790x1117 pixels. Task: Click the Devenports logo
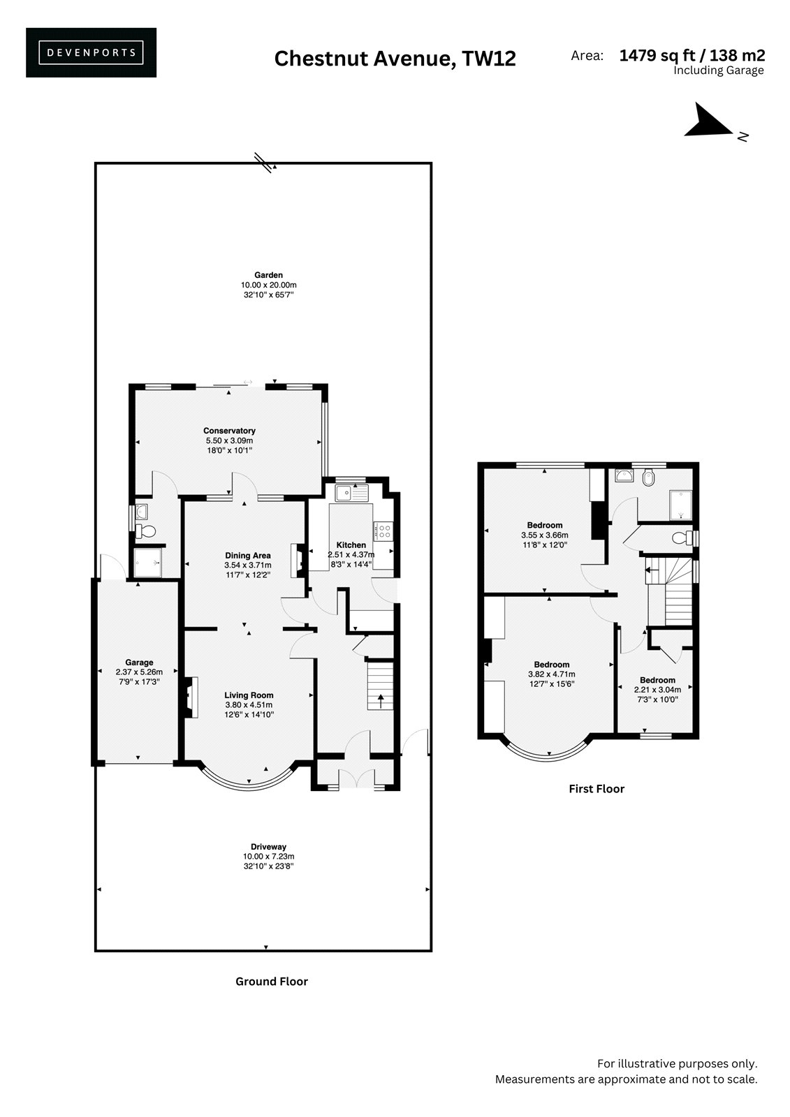point(91,52)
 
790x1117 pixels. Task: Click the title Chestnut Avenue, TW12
point(395,59)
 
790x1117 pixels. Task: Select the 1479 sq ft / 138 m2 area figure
point(692,55)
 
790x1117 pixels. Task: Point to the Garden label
point(268,275)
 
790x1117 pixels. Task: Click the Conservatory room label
point(229,430)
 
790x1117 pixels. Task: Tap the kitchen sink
point(351,493)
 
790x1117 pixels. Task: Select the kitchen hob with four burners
point(383,530)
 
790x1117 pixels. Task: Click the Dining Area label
point(247,555)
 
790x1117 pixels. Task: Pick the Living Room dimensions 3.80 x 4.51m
point(249,704)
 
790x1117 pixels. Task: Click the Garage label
point(139,663)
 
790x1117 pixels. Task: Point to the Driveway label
point(268,846)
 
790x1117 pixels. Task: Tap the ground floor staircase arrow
point(381,702)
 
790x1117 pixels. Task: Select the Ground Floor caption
point(272,982)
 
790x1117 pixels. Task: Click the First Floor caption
point(597,789)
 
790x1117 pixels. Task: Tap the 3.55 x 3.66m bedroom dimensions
point(544,535)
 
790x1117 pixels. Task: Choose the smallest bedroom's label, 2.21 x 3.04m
point(657,690)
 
